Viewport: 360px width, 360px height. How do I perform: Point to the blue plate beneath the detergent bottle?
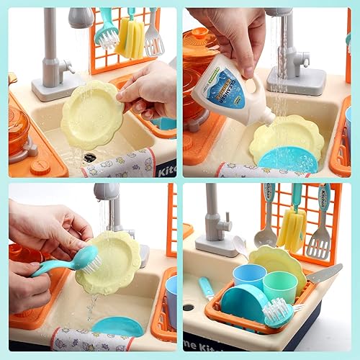click(x=288, y=159)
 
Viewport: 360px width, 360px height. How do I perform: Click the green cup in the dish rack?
click(x=279, y=287)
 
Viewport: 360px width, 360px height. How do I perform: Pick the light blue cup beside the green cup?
click(x=250, y=277)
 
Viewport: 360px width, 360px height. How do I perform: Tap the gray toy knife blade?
click(x=326, y=273)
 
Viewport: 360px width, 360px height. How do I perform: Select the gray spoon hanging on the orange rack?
click(x=266, y=220)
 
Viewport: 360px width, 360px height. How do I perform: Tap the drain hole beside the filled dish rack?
click(x=189, y=307)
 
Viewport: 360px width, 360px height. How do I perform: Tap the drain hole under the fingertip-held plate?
click(x=89, y=157)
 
